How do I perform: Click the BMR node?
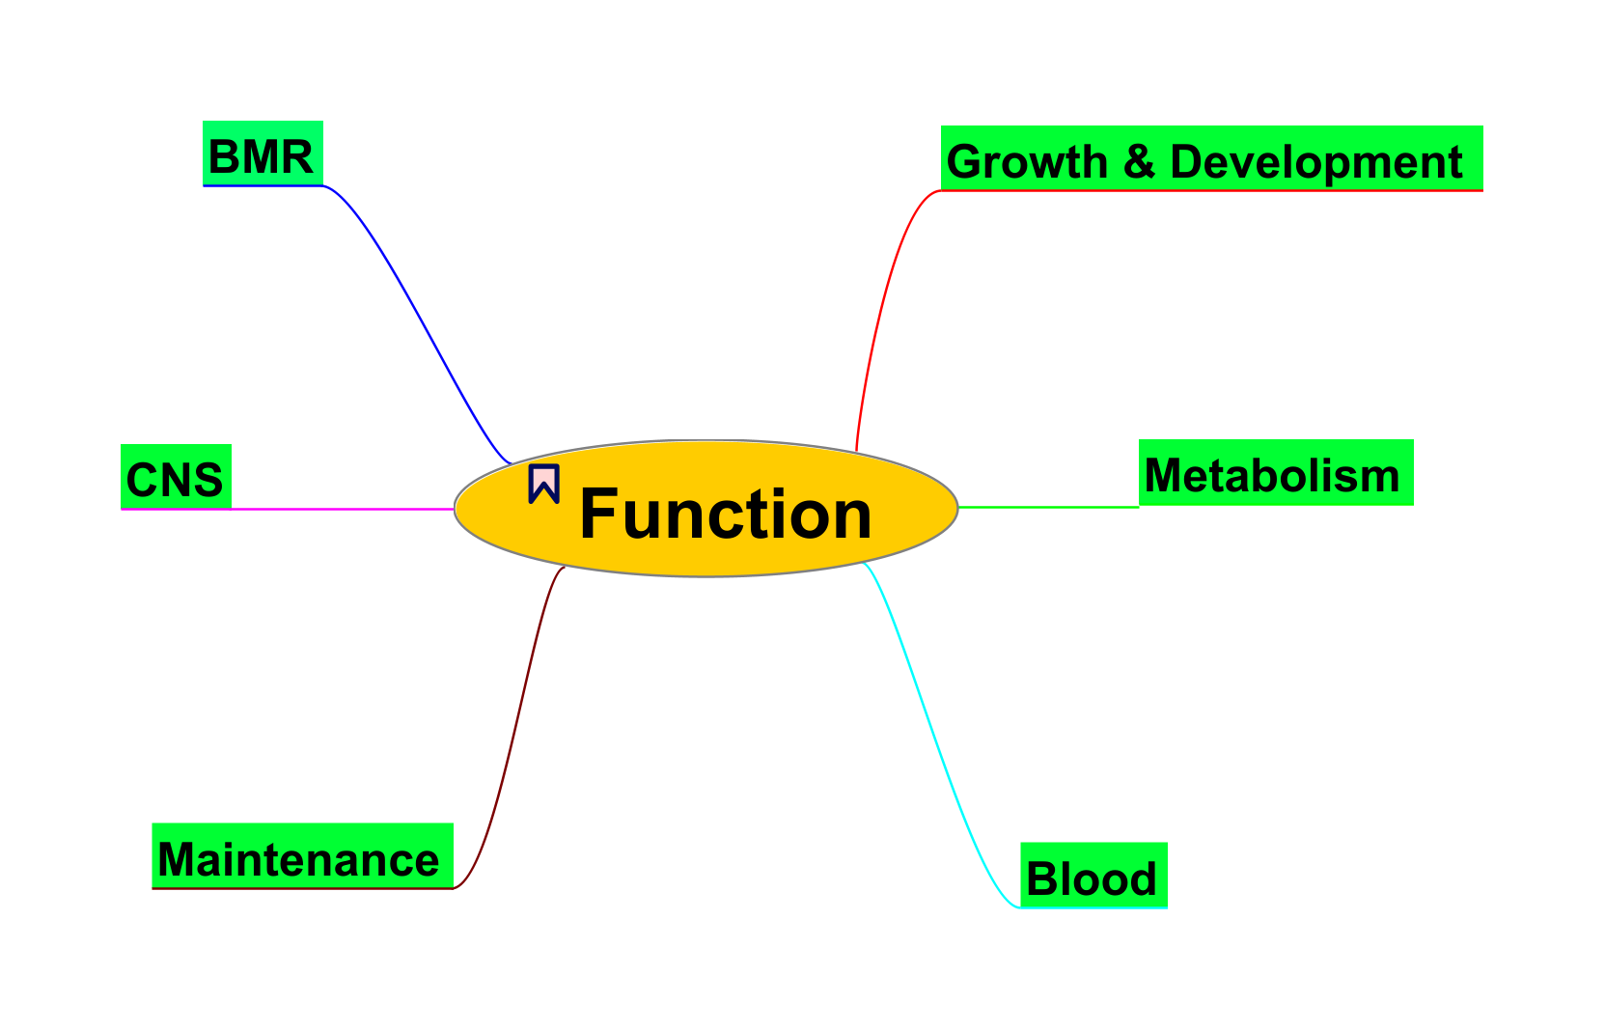(x=262, y=153)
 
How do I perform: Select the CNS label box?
(x=175, y=477)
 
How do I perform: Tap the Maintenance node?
(x=301, y=855)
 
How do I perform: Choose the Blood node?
(x=1093, y=876)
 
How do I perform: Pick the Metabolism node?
(x=1275, y=473)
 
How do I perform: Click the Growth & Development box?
(x=1210, y=159)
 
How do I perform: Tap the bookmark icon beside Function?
(x=543, y=484)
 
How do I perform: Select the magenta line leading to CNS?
(x=338, y=509)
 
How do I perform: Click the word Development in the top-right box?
(x=1315, y=162)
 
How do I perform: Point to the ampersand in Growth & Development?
(x=1139, y=161)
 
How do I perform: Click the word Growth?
(x=1026, y=162)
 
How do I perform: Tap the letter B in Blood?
(x=1041, y=879)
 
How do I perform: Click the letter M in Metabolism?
(x=1165, y=476)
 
